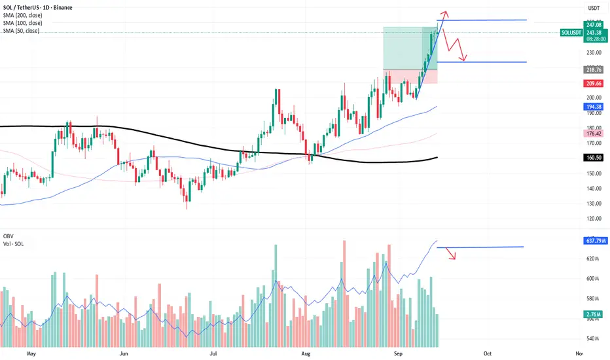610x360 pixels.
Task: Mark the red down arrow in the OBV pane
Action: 452,257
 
